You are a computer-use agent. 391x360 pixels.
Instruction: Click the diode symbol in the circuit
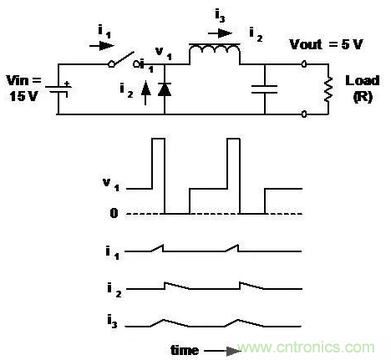165,89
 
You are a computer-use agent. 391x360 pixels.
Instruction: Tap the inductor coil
215,50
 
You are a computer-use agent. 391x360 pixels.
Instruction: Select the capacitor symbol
264,89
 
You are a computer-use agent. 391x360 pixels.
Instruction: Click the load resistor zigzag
328,89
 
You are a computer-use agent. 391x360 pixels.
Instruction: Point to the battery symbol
58,89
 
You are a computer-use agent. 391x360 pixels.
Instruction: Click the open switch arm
123,60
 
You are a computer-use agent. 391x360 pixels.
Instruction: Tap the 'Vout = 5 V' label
326,44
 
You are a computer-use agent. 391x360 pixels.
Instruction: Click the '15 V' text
23,96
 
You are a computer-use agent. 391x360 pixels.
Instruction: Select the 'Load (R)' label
363,89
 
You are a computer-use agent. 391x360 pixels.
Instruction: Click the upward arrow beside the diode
145,93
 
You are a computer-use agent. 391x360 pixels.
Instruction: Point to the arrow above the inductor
220,33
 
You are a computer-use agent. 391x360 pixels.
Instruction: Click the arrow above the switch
102,46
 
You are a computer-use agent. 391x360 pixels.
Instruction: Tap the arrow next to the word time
222,351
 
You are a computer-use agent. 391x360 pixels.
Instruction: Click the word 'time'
185,350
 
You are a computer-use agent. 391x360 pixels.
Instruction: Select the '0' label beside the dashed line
114,213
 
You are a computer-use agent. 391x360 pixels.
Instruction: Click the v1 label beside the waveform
111,185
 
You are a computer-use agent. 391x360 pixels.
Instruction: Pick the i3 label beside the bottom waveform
112,321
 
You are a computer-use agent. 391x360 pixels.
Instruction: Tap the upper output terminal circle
304,64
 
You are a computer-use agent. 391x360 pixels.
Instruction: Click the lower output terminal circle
304,114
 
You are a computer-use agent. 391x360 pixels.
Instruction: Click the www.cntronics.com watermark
306,347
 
